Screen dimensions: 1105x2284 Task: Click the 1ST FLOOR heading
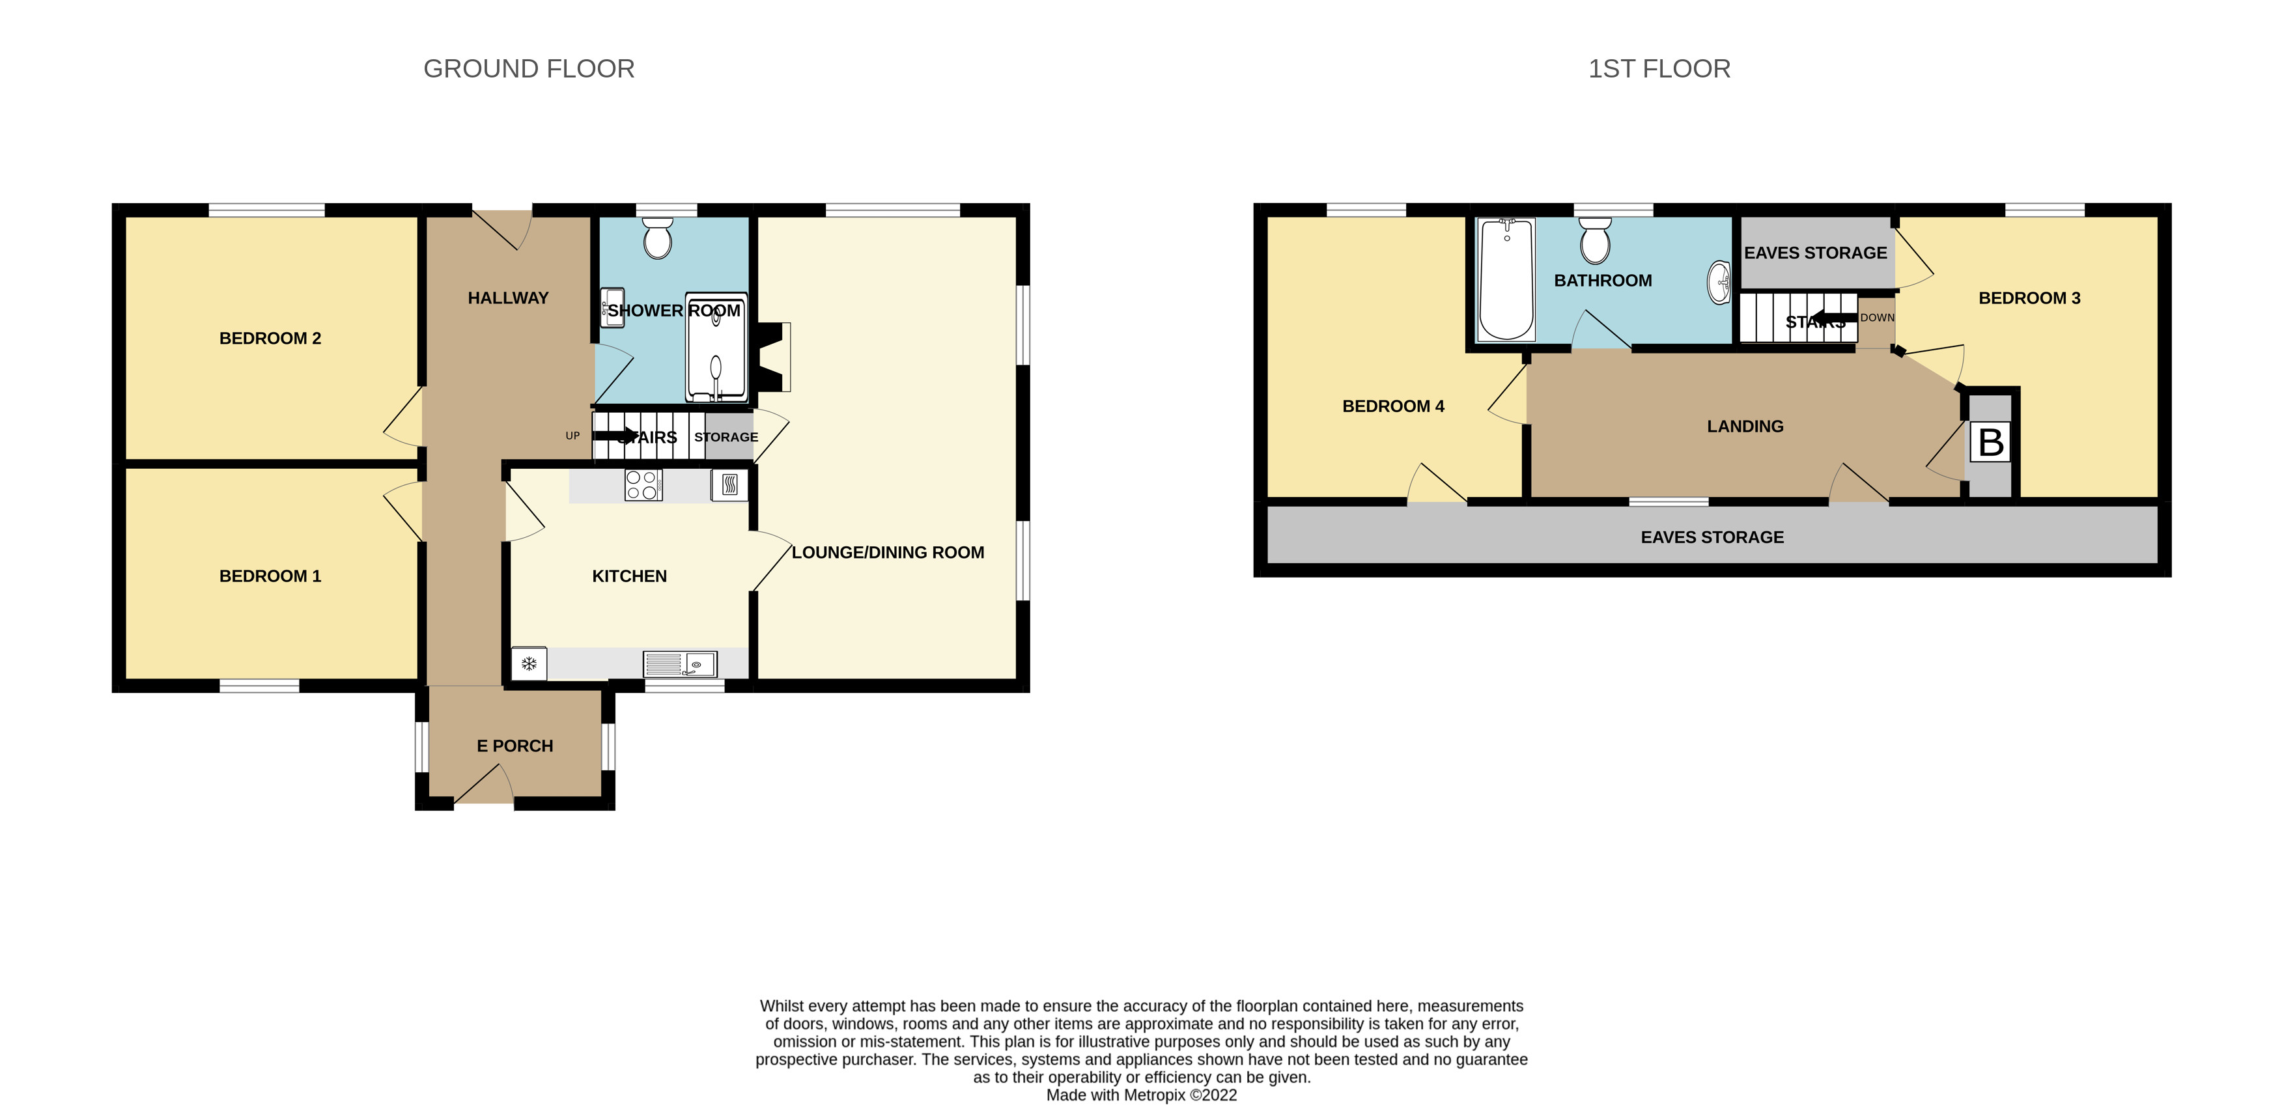coord(1658,68)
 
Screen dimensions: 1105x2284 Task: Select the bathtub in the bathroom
coord(1506,279)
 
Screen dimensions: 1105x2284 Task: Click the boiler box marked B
coord(1990,441)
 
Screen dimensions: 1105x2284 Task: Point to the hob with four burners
coord(642,485)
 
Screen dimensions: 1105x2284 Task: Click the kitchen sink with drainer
coord(680,664)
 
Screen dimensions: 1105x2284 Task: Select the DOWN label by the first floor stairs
coord(1876,318)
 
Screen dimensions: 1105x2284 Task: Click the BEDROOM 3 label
coord(2029,298)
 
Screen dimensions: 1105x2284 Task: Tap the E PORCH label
coord(515,746)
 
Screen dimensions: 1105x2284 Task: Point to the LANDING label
coord(1744,427)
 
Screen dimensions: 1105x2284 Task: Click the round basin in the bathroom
coord(1718,283)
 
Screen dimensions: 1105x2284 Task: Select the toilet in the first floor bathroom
coord(1594,241)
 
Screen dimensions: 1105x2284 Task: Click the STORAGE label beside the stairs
coord(726,437)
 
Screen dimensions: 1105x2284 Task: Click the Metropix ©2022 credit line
coord(1140,1095)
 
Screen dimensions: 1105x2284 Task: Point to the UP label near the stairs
coord(572,436)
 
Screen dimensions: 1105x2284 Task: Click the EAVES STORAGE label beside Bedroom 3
coord(1815,253)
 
